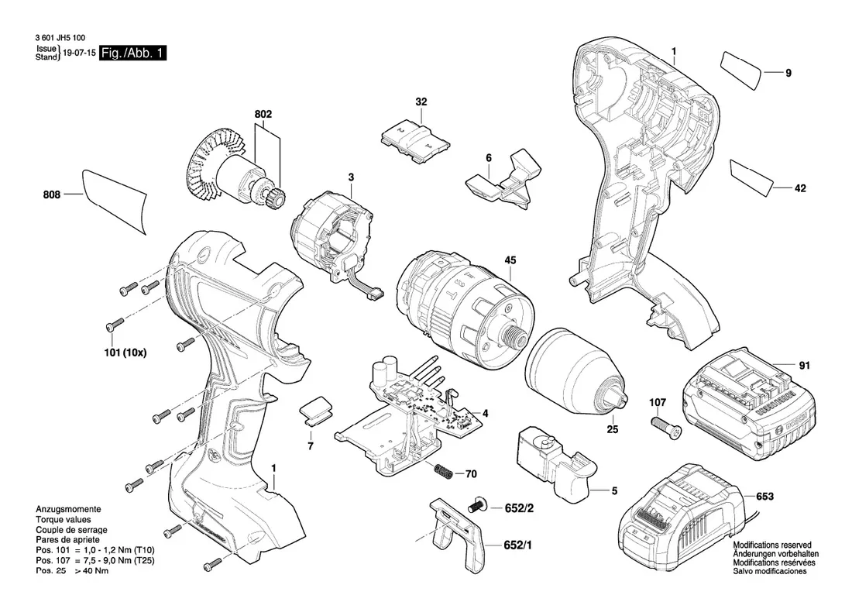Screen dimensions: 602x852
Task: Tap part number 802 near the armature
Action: pyautogui.click(x=263, y=115)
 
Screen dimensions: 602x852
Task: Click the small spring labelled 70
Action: pyautogui.click(x=442, y=470)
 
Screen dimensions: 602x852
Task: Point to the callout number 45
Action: pyautogui.click(x=510, y=260)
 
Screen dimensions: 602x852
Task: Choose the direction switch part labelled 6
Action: pyautogui.click(x=503, y=182)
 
